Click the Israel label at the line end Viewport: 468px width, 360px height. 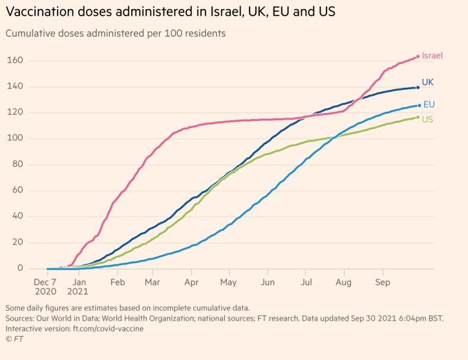pyautogui.click(x=432, y=56)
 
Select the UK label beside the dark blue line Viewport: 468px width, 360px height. pyautogui.click(x=428, y=83)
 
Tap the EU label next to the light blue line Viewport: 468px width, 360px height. pyautogui.click(x=429, y=105)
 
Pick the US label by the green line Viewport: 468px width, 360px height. pyautogui.click(x=427, y=120)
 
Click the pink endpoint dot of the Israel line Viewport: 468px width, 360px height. pyautogui.click(x=418, y=56)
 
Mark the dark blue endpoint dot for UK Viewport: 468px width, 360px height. pyautogui.click(x=418, y=87)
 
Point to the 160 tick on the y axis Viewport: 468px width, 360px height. pyautogui.click(x=16, y=61)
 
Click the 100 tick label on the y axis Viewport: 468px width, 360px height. pyautogui.click(x=16, y=138)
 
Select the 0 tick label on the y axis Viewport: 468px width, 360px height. pyautogui.click(x=20, y=268)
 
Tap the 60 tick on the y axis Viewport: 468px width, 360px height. pyautogui.click(x=17, y=191)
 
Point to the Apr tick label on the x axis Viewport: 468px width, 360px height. pyautogui.click(x=191, y=282)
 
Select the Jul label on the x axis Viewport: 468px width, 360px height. pyautogui.click(x=306, y=282)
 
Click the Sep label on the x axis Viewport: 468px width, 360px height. pyautogui.click(x=383, y=282)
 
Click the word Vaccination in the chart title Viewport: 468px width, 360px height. pyautogui.click(x=37, y=12)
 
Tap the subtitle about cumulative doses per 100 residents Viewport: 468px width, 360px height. pyautogui.click(x=115, y=34)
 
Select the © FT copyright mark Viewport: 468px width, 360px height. pyautogui.click(x=14, y=339)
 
